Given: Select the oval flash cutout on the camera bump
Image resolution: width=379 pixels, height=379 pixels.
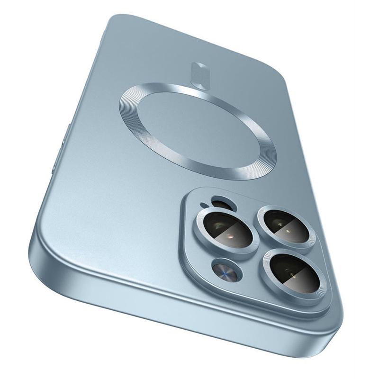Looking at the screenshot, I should point(218,204).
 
